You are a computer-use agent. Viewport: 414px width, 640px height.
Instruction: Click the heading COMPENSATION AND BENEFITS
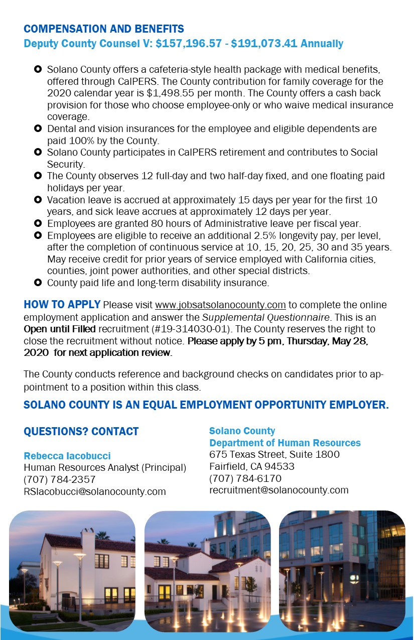click(x=104, y=29)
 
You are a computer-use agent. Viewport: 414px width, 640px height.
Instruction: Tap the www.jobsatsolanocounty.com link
click(x=220, y=305)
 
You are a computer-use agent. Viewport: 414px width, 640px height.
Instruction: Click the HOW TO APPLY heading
click(x=62, y=305)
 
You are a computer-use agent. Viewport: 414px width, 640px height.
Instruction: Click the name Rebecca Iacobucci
click(x=67, y=456)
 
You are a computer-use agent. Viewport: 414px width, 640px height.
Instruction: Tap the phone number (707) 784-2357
click(x=59, y=479)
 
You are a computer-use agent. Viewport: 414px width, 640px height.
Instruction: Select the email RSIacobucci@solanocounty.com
click(x=95, y=491)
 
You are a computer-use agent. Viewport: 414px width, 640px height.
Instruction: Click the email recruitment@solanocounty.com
click(x=279, y=490)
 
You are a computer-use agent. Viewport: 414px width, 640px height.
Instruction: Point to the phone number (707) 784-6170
click(x=245, y=478)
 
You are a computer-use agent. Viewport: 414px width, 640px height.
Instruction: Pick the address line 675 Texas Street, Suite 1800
click(x=274, y=454)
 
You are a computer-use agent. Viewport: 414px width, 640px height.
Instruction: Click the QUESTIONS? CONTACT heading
click(x=81, y=432)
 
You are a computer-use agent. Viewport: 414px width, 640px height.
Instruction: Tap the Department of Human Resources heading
click(x=285, y=443)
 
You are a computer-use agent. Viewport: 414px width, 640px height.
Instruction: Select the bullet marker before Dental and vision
click(x=37, y=129)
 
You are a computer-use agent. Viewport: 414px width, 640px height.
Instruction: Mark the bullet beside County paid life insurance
click(x=37, y=283)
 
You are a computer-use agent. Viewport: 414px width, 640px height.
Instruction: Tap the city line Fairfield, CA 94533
click(x=251, y=466)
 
